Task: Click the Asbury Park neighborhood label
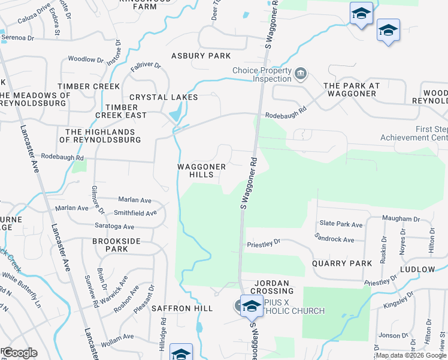pos(201,56)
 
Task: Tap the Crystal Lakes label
pos(164,97)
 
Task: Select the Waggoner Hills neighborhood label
pos(202,170)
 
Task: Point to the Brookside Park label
pos(110,245)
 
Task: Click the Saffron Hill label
pos(181,308)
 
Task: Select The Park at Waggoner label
pos(352,90)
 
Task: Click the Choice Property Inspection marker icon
pos(301,74)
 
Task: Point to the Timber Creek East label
pos(121,111)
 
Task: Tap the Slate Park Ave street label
pos(341,224)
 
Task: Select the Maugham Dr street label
pos(402,220)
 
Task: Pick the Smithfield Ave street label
pos(135,212)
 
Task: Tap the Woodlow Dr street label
pos(86,59)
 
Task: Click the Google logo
pos(19,352)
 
